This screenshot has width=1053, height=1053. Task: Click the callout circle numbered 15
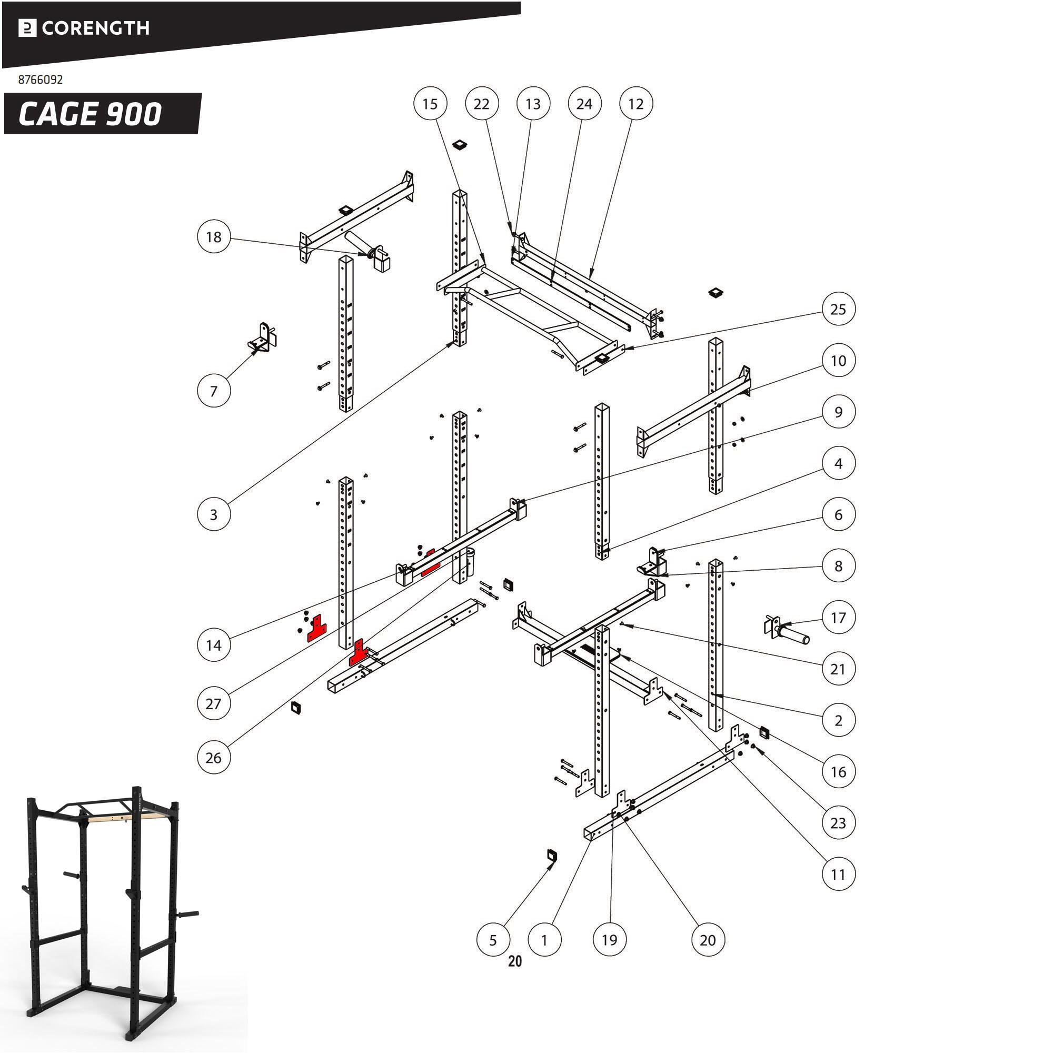[x=430, y=104]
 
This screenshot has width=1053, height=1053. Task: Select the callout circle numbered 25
[x=838, y=309]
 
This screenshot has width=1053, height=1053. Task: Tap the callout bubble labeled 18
[x=214, y=236]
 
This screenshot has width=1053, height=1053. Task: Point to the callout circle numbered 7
[x=214, y=391]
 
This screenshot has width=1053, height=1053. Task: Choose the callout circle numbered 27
[x=214, y=703]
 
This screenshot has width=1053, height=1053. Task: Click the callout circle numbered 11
[x=838, y=874]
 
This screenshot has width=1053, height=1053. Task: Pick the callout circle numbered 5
[x=493, y=940]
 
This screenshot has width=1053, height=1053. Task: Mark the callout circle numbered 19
[x=609, y=940]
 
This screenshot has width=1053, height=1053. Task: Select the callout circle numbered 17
[x=838, y=618]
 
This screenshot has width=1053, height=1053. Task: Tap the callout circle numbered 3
[x=214, y=514]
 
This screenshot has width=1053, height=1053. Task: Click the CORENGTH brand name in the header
[x=95, y=28]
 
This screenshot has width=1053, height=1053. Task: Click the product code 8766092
[x=41, y=80]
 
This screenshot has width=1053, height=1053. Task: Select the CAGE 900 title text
[x=90, y=114]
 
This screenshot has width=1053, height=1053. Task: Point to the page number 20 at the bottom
[x=514, y=961]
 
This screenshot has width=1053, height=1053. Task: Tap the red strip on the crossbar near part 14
[x=430, y=569]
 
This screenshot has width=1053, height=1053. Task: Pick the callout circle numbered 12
[x=635, y=104]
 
